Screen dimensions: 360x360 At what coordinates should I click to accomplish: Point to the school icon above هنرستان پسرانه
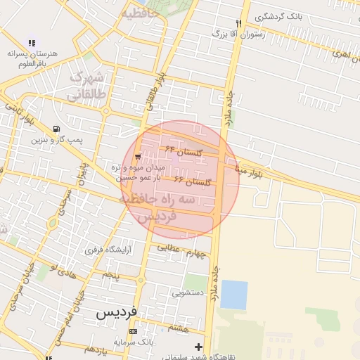coord(31,44)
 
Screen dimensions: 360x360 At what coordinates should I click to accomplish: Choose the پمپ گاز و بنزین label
coord(56,139)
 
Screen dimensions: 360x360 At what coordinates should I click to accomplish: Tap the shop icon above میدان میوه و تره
coord(137,157)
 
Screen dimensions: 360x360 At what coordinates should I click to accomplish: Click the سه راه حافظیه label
coord(167,200)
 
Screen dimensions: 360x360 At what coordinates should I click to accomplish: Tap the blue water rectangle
coord(233,295)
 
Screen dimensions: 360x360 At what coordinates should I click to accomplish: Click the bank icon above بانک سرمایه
coord(133,331)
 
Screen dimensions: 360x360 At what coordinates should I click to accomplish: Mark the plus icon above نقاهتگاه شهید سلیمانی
coord(198,347)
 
